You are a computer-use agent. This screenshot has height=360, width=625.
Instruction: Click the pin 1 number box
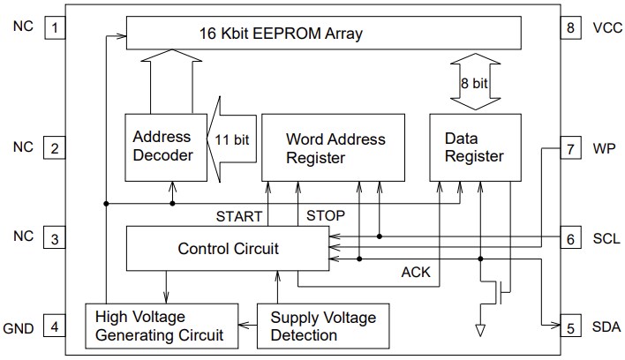(56, 27)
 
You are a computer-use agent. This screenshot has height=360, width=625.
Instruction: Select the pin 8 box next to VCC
(569, 27)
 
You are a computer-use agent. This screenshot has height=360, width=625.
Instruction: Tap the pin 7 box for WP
(569, 148)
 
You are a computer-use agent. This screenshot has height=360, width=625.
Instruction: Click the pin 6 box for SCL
(569, 239)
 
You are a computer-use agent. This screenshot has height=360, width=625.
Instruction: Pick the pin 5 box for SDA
(569, 328)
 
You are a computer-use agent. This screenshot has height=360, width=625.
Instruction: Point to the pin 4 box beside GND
(56, 328)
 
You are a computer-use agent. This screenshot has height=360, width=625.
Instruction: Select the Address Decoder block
(162, 147)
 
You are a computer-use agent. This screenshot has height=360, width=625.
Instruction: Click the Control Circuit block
(228, 249)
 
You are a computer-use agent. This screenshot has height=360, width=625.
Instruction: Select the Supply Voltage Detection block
(323, 326)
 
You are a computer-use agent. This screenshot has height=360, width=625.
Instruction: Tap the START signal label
(241, 215)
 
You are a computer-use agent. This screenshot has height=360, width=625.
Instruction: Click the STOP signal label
(325, 215)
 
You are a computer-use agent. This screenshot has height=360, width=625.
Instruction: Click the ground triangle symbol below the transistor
(480, 330)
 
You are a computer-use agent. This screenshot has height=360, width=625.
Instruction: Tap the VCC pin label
(607, 27)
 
